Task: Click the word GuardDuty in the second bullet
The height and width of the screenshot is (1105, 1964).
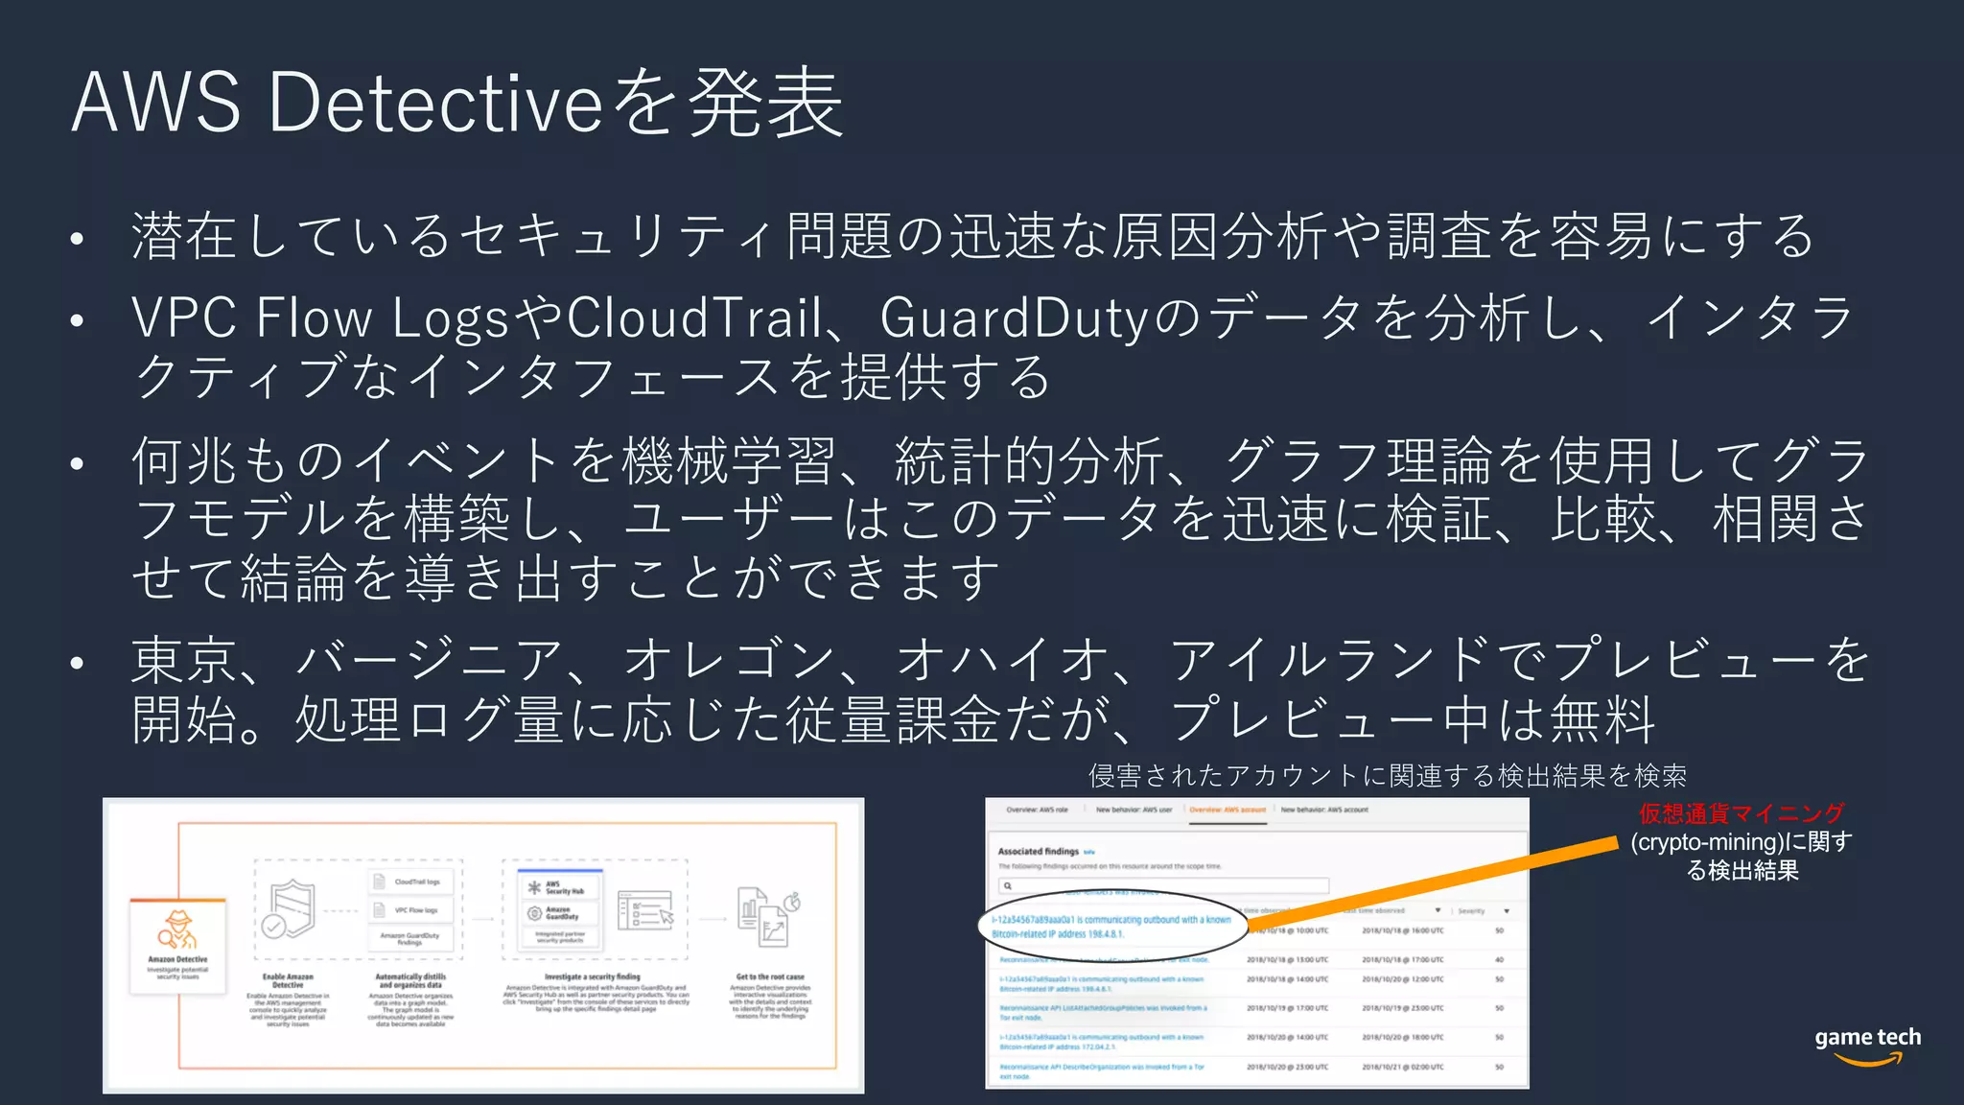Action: click(x=1015, y=317)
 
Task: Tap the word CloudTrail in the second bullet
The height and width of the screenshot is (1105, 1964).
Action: click(x=694, y=317)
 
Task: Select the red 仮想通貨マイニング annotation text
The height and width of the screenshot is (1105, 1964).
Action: click(x=1741, y=813)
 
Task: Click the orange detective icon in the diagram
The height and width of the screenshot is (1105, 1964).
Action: click(x=177, y=929)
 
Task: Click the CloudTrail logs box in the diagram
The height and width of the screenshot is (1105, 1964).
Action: click(x=411, y=882)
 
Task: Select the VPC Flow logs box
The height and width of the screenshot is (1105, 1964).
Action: click(x=411, y=910)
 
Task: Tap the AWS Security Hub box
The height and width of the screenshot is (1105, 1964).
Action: click(x=558, y=887)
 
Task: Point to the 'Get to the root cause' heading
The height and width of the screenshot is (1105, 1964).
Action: click(x=770, y=976)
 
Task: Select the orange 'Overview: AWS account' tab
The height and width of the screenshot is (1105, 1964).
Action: click(x=1227, y=810)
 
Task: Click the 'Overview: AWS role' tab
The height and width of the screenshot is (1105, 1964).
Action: click(x=1037, y=810)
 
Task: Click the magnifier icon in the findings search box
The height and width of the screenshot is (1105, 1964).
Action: click(x=1008, y=885)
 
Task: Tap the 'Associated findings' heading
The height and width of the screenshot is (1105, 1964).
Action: click(x=1038, y=851)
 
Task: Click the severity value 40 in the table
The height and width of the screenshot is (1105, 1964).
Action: click(x=1499, y=959)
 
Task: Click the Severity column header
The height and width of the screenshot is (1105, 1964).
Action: click(x=1471, y=910)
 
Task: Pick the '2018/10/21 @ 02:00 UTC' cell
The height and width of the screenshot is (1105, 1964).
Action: click(x=1402, y=1067)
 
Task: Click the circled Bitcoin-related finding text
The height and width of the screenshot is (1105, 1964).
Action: click(x=1111, y=926)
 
